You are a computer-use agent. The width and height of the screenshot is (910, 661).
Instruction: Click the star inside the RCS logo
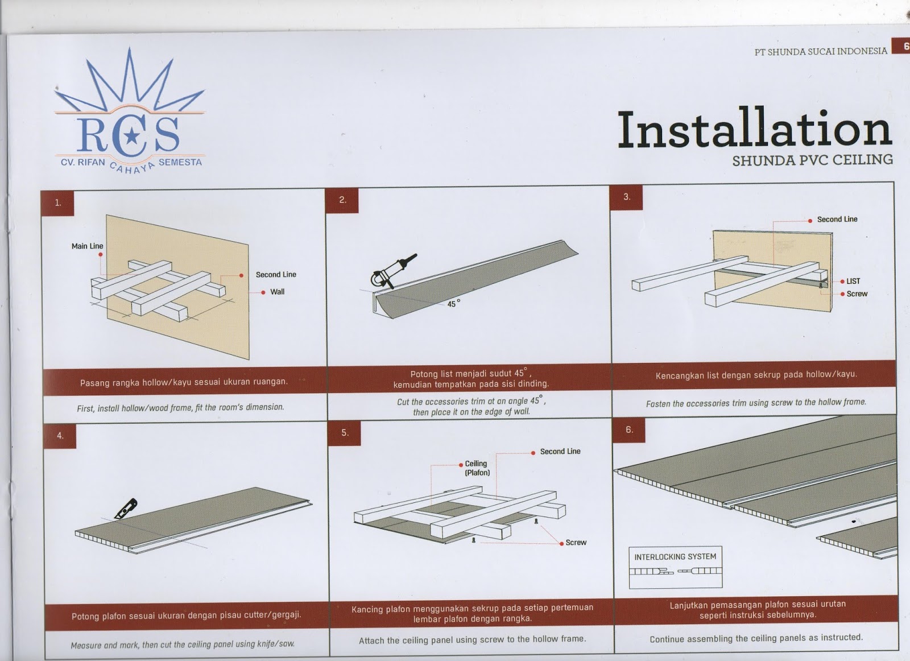coord(130,137)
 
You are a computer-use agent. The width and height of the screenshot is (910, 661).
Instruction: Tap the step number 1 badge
coord(57,203)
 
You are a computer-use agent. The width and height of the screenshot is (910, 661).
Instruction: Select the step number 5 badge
coord(345,433)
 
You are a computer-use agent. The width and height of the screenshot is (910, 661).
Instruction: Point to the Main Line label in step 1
coord(88,246)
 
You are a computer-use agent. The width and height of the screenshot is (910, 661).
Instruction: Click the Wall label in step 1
coord(278,292)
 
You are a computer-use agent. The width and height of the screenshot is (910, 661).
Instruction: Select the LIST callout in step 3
coord(854,281)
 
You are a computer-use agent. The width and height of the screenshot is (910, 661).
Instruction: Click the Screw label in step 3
coord(857,294)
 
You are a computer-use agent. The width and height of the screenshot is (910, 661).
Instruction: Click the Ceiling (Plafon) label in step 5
coord(477,468)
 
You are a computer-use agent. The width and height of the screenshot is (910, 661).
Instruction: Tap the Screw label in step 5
coord(576,542)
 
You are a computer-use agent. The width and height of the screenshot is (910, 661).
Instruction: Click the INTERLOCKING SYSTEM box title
coord(675,556)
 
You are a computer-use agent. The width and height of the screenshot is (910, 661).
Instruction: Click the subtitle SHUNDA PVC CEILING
coord(813,160)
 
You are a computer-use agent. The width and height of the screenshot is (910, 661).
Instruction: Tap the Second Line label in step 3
coord(837,220)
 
